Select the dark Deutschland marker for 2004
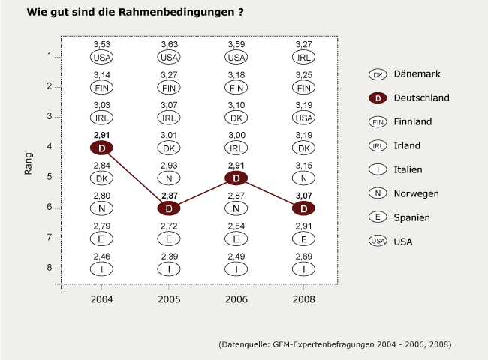101,148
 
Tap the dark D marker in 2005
169,208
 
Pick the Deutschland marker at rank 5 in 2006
236,178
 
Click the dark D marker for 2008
304,208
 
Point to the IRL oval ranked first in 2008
304,57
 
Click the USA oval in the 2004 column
101,57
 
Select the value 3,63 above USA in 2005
169,45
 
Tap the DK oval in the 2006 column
236,118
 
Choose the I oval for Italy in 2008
304,268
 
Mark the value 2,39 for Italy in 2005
169,256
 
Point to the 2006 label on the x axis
236,299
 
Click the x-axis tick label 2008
304,299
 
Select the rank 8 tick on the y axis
50,268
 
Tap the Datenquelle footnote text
335,344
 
